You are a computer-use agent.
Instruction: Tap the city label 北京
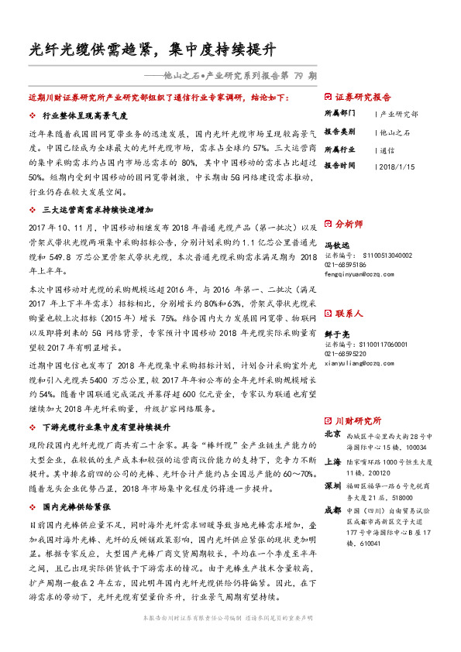(332, 434)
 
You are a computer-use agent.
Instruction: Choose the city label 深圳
(332, 485)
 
